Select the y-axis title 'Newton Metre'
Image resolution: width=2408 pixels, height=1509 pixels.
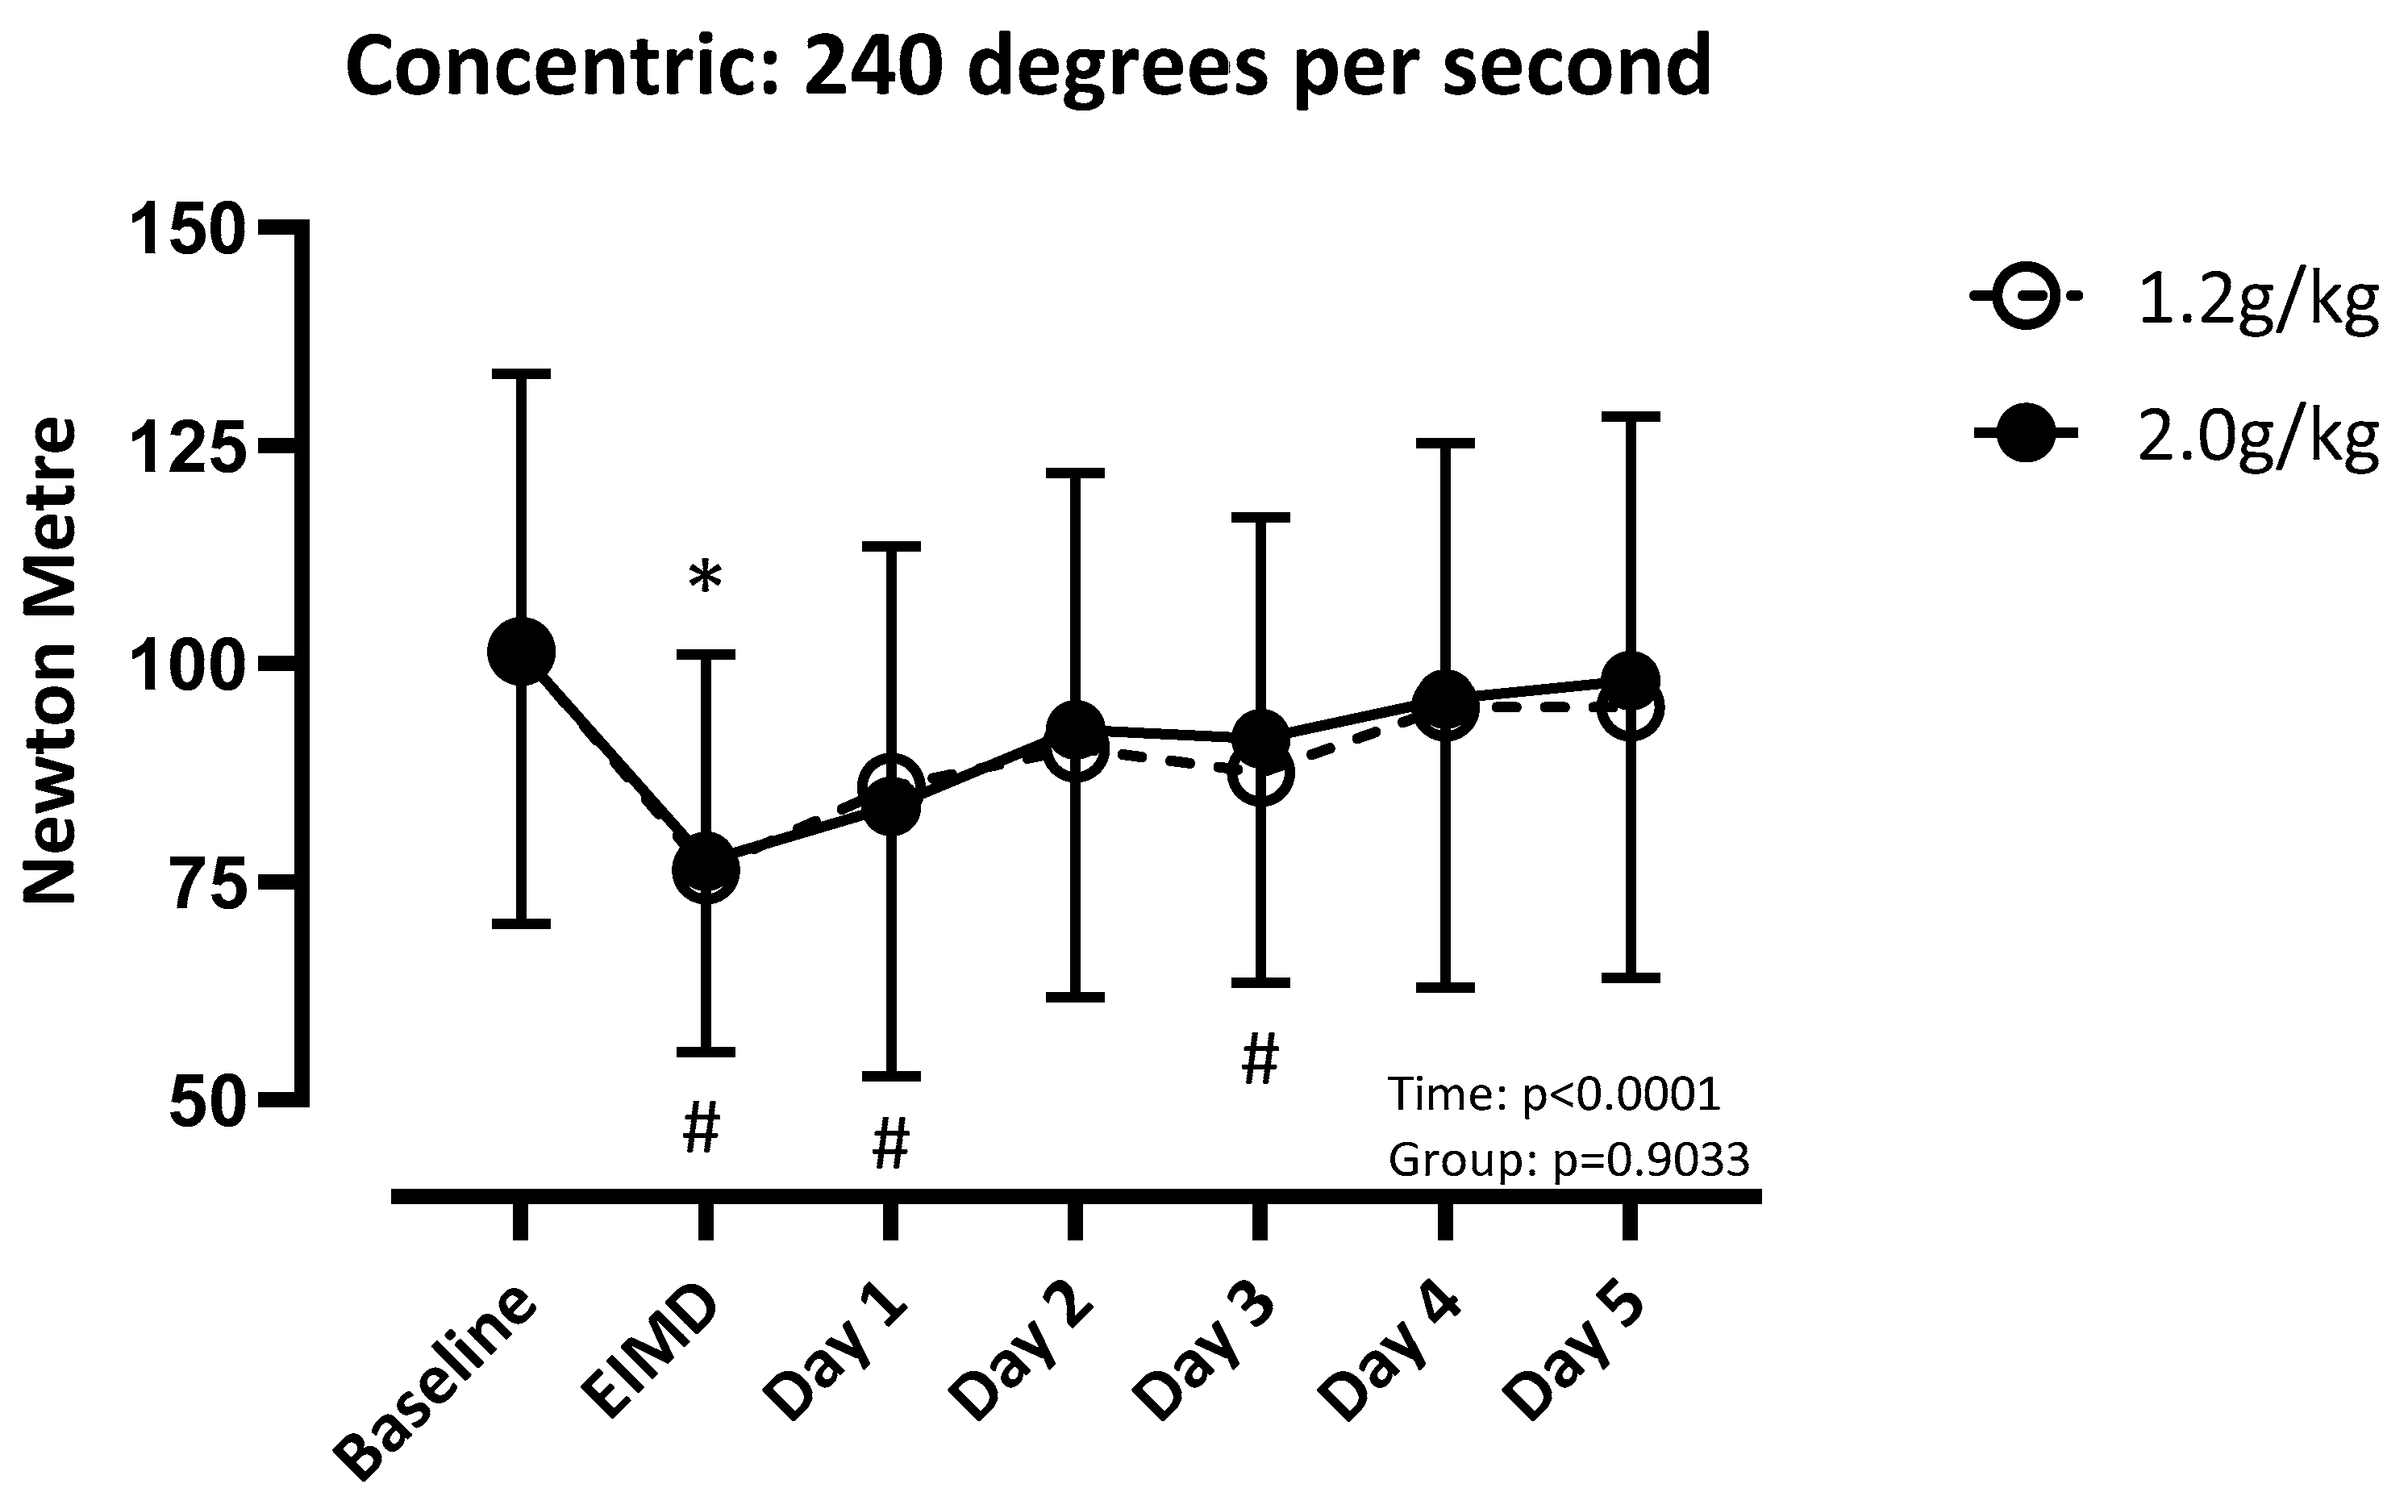coord(50,661)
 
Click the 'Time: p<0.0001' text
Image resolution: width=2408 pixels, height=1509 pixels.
coord(1554,1094)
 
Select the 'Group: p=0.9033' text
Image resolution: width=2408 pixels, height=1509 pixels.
coord(1568,1160)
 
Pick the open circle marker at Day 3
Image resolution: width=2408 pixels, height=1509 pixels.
coord(1260,773)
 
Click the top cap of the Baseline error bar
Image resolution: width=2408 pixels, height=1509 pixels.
coord(521,374)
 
